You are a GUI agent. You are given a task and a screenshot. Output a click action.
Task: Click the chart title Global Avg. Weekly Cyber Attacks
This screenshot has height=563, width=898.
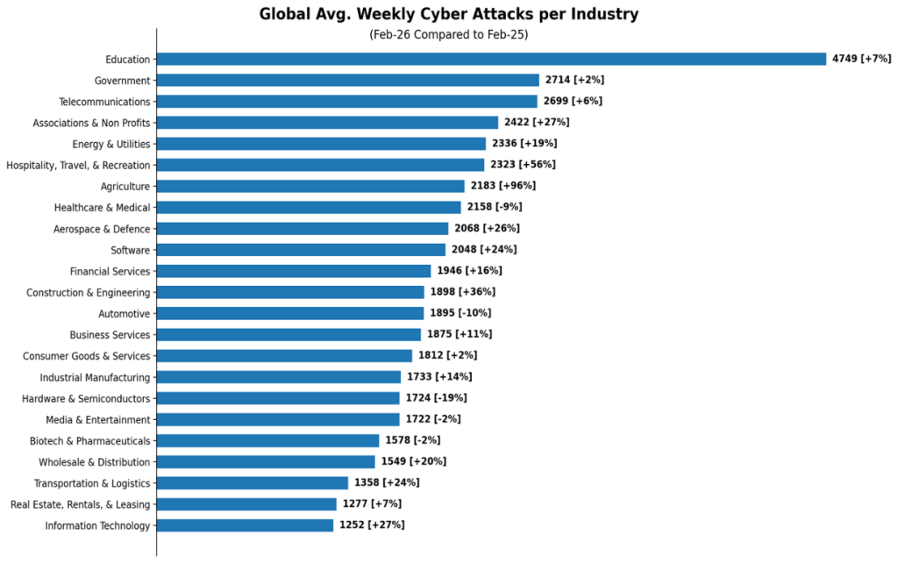click(448, 14)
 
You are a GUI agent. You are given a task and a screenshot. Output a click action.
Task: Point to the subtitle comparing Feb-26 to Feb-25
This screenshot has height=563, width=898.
click(448, 35)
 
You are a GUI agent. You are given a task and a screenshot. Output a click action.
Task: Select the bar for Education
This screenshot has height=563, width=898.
click(491, 59)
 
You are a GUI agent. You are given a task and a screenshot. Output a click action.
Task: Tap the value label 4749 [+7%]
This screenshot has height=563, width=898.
click(861, 59)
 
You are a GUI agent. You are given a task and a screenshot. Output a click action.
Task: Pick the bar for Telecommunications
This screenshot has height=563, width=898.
click(347, 102)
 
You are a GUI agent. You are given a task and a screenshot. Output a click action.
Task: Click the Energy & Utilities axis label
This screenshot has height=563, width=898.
click(111, 144)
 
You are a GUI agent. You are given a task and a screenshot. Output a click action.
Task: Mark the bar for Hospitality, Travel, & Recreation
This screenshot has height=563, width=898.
click(321, 165)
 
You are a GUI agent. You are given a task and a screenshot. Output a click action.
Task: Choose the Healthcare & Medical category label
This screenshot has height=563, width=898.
click(103, 208)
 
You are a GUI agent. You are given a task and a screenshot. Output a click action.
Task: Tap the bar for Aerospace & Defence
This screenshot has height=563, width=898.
click(303, 229)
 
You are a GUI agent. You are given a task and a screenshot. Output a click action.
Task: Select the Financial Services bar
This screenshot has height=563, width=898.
click(294, 271)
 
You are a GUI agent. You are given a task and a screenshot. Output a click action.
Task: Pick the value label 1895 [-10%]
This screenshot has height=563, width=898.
click(460, 313)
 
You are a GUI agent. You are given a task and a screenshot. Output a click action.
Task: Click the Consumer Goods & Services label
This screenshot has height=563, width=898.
click(86, 356)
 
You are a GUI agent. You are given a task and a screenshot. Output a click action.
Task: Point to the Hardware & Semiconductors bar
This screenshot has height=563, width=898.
click(278, 398)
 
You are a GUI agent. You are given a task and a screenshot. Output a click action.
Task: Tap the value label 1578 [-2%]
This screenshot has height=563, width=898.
click(412, 440)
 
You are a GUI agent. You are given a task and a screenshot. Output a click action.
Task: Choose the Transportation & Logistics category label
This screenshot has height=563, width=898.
click(92, 483)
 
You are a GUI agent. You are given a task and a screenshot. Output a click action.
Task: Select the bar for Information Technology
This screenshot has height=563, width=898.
click(246, 525)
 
